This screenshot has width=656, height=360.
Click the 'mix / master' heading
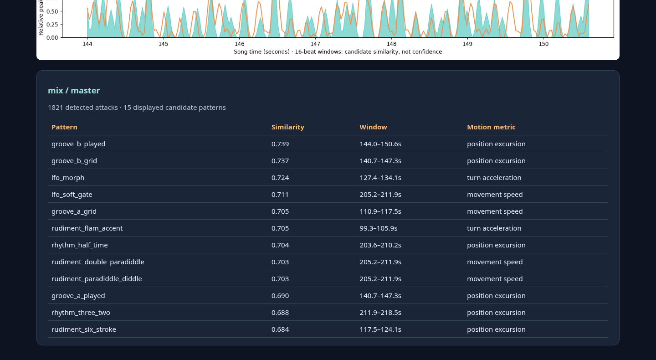pyautogui.click(x=74, y=91)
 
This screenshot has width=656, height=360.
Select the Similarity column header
pyautogui.click(x=288, y=127)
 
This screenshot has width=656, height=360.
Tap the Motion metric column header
pyautogui.click(x=491, y=127)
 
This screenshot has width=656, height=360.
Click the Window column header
pyautogui.click(x=374, y=127)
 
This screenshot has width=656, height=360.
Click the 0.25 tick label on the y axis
pyautogui.click(x=52, y=25)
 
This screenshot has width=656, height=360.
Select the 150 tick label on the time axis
pyautogui.click(x=543, y=44)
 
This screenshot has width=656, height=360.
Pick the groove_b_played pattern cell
pyautogui.click(x=78, y=144)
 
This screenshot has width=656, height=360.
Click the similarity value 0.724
pyautogui.click(x=280, y=178)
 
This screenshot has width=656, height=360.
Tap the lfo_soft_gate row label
pyautogui.click(x=72, y=195)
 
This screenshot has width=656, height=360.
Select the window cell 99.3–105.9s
pyautogui.click(x=379, y=228)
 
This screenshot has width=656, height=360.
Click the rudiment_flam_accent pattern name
pyautogui.click(x=87, y=228)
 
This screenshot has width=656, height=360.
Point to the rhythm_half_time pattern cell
pyautogui.click(x=80, y=245)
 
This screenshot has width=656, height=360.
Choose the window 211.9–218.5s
pyautogui.click(x=380, y=313)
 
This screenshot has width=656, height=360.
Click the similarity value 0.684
pyautogui.click(x=280, y=329)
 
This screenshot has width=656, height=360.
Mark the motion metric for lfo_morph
pyautogui.click(x=494, y=178)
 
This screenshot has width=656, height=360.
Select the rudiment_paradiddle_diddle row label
pyautogui.click(x=97, y=279)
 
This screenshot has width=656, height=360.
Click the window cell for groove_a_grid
pyautogui.click(x=380, y=211)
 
